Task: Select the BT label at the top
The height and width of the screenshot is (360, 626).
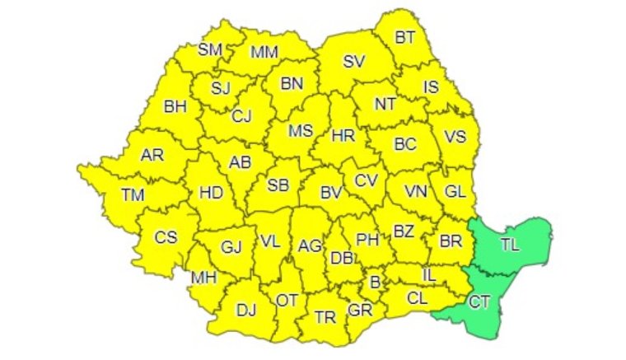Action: coord(405,36)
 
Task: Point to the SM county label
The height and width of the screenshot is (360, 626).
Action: coord(210,49)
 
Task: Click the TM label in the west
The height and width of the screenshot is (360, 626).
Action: coord(132,194)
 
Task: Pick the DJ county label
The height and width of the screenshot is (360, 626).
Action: coord(245,310)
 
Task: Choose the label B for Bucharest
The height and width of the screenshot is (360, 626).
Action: coord(376,283)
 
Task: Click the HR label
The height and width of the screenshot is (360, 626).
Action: coord(343,136)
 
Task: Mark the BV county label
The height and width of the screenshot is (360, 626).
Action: coord(331,194)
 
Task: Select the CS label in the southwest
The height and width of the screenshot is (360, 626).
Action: coord(166,237)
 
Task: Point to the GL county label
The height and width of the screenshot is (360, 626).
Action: coord(455,191)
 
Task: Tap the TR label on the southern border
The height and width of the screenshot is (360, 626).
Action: coord(325,317)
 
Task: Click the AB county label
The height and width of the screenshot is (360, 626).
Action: coord(239,162)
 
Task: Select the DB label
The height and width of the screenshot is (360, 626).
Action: coord(341,259)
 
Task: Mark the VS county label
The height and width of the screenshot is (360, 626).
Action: coord(455,137)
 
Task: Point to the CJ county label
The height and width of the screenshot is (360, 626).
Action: coord(241,116)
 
